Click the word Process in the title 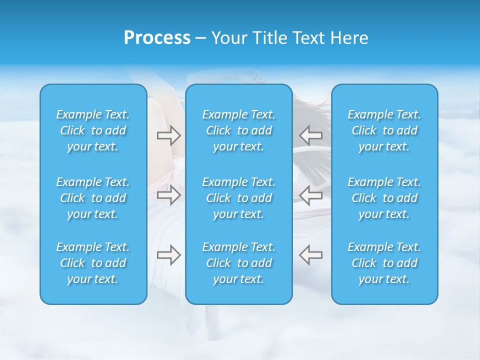(157, 38)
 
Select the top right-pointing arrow (168, 135)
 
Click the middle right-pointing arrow (168, 195)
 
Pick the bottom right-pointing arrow (168, 254)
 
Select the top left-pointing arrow (310, 135)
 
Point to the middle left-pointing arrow (310, 195)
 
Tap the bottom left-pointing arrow (310, 254)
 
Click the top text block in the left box (93, 130)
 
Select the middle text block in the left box (93, 198)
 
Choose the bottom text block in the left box (93, 263)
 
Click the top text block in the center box (239, 130)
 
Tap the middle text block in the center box (239, 198)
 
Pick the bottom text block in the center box (239, 263)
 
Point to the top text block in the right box (384, 130)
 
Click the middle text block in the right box (384, 198)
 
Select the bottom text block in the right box (384, 263)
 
